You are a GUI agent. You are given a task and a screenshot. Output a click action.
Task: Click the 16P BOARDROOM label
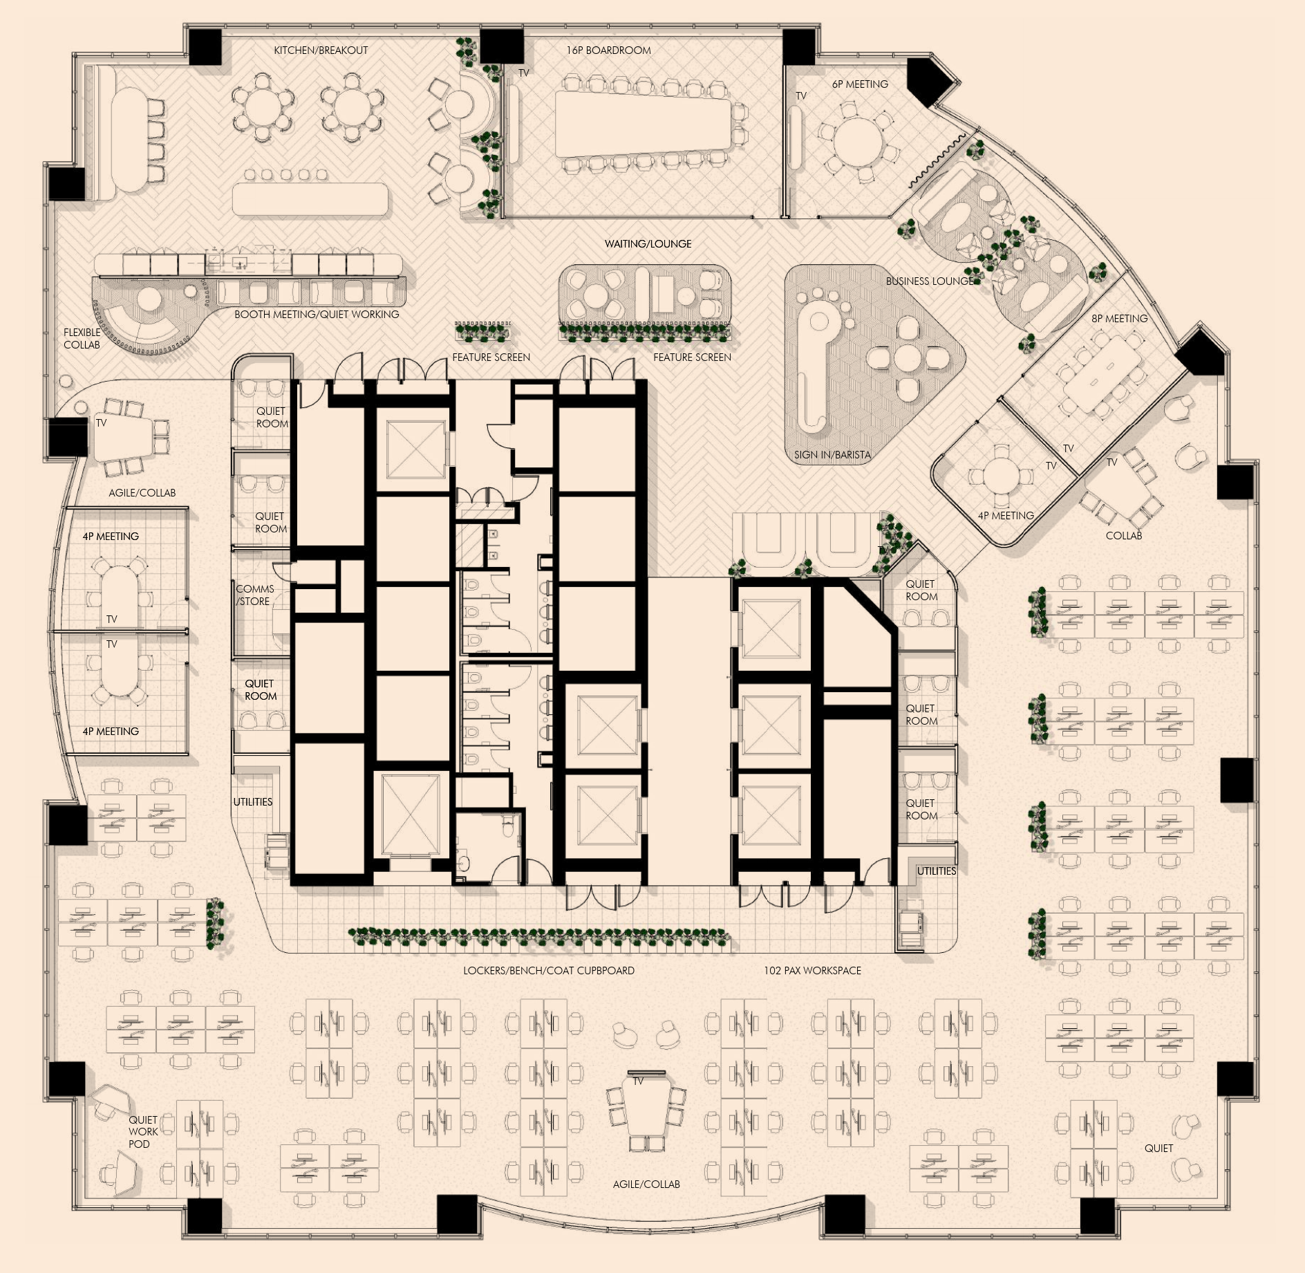coord(608,50)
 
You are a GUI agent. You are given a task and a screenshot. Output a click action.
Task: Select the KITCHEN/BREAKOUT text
coord(321,50)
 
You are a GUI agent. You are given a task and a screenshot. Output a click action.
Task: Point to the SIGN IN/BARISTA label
coord(832,455)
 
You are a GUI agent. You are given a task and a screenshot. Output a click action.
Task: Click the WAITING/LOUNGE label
coord(648,244)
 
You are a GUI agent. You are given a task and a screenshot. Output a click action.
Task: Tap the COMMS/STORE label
coord(254,595)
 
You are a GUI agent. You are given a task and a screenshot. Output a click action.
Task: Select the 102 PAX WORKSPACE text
coord(812,971)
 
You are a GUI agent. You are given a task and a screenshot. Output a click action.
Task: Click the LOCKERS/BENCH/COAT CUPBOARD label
coord(549,971)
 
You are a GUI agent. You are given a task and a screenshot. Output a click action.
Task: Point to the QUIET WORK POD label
coord(143,1132)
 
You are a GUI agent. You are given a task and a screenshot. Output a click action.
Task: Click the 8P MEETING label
coord(1120,319)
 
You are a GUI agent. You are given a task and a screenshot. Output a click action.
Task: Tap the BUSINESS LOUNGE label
coord(930,281)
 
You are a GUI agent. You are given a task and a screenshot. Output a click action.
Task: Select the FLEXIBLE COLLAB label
coord(82,339)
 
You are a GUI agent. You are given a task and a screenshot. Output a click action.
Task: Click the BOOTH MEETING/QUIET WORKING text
coord(317,315)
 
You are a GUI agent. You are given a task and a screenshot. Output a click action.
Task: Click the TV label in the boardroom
coord(524,73)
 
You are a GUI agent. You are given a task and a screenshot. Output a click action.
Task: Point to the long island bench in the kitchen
coord(310,199)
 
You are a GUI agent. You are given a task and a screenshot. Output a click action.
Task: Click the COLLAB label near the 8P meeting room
coord(1123,536)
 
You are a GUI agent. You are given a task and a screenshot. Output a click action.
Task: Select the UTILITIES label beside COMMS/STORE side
coord(252,802)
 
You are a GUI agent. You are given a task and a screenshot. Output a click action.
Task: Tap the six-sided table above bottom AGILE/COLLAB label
coord(646,1108)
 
